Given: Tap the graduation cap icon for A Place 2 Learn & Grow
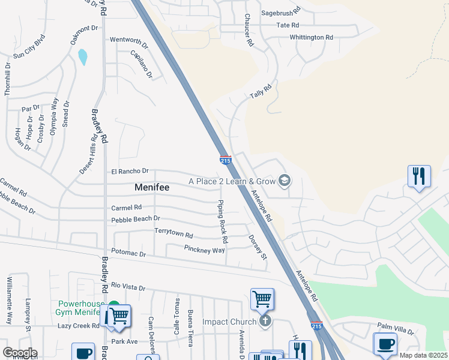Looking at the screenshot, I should pos(285,181).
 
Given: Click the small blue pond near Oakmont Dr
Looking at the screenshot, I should pos(83,57).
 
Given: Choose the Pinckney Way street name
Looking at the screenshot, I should pos(205,249).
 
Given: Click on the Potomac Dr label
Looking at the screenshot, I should pos(128,254).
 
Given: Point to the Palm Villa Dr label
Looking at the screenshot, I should pos(396,326).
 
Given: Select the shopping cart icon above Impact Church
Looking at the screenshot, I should pos(262,298).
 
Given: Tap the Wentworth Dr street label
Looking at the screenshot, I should pos(128,40).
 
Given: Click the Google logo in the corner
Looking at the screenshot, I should pos(20,353).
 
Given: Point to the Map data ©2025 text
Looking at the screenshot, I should pos(423,355).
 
